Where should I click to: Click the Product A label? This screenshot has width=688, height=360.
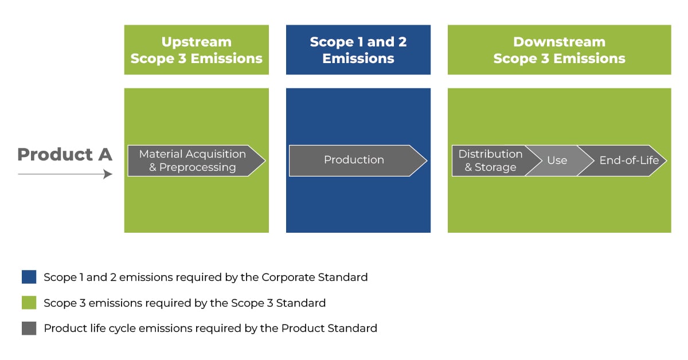pos(64,154)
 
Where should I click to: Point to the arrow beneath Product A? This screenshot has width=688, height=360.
pos(64,174)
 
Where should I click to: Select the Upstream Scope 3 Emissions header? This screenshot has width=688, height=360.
pos(197,50)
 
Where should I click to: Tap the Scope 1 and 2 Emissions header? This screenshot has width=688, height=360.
pos(358,50)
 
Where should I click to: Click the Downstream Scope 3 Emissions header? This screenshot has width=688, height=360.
pos(559,50)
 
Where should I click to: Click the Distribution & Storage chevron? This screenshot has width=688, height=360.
pos(490,161)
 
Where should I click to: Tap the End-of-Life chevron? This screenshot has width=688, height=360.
pos(628,161)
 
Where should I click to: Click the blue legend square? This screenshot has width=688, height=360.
pos(29,277)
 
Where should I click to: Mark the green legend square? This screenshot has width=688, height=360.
pos(29,303)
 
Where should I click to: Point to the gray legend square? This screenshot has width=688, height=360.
pos(29,328)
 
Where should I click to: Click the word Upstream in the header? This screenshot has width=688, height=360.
pos(197,42)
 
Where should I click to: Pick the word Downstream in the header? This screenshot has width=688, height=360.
pos(559,42)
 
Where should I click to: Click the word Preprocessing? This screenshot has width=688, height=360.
pos(197,167)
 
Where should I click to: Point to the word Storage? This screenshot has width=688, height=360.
pos(495,167)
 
